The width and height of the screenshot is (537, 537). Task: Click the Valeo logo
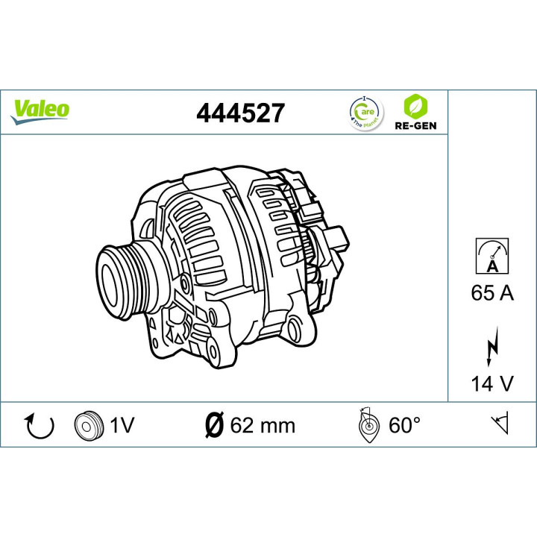pos(40,109)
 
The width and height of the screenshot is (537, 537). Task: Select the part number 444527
pos(239,113)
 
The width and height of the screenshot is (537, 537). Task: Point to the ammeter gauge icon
pos(492,254)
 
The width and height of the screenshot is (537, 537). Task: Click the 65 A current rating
pos(492,292)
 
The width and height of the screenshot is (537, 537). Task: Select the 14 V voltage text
pos(492,383)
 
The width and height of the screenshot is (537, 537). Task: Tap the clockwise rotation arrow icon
pos(40,426)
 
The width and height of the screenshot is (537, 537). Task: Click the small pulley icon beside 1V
pos(87,426)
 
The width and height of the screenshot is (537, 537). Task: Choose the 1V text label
pos(121,426)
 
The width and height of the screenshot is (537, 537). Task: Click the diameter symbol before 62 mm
pos(213,426)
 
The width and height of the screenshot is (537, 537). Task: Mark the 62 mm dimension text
pos(262,426)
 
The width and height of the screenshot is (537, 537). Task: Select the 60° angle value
pos(406,426)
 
